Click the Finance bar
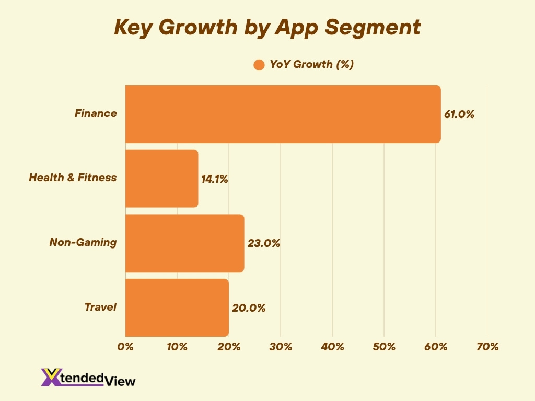coord(283,114)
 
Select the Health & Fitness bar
coord(161,179)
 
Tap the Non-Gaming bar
coord(184,243)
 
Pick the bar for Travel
coord(177,308)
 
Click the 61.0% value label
coord(459,114)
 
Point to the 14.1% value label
coord(215,179)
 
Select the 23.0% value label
coord(264,243)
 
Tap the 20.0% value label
coord(249,308)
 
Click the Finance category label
coord(96,113)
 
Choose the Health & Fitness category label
coord(73,178)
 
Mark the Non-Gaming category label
coord(83,242)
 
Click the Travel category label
coord(100,307)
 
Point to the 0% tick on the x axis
coord(126,346)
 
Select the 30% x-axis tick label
coord(281,346)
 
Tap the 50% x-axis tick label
coord(384,346)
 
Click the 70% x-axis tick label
coord(487,346)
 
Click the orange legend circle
coord(259,65)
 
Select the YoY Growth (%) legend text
coord(312,64)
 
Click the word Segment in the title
coord(376,28)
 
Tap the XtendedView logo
coord(88,377)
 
